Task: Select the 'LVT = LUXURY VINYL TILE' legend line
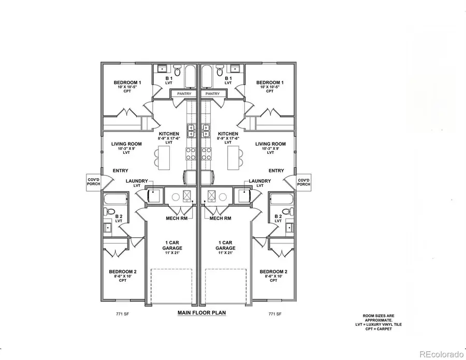pyautogui.click(x=381, y=324)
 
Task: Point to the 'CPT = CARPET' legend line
pyautogui.click(x=381, y=328)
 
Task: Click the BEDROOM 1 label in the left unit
pyautogui.click(x=127, y=83)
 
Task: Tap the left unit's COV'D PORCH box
pyautogui.click(x=93, y=181)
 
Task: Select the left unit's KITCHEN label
pyautogui.click(x=169, y=134)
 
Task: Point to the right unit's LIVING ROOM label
pyautogui.click(x=270, y=144)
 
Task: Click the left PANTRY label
pyautogui.click(x=184, y=94)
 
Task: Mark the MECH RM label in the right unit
pyautogui.click(x=220, y=218)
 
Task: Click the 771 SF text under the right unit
pyautogui.click(x=274, y=314)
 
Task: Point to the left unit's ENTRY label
pyautogui.click(x=120, y=170)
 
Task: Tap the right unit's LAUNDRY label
pyautogui.click(x=259, y=181)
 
